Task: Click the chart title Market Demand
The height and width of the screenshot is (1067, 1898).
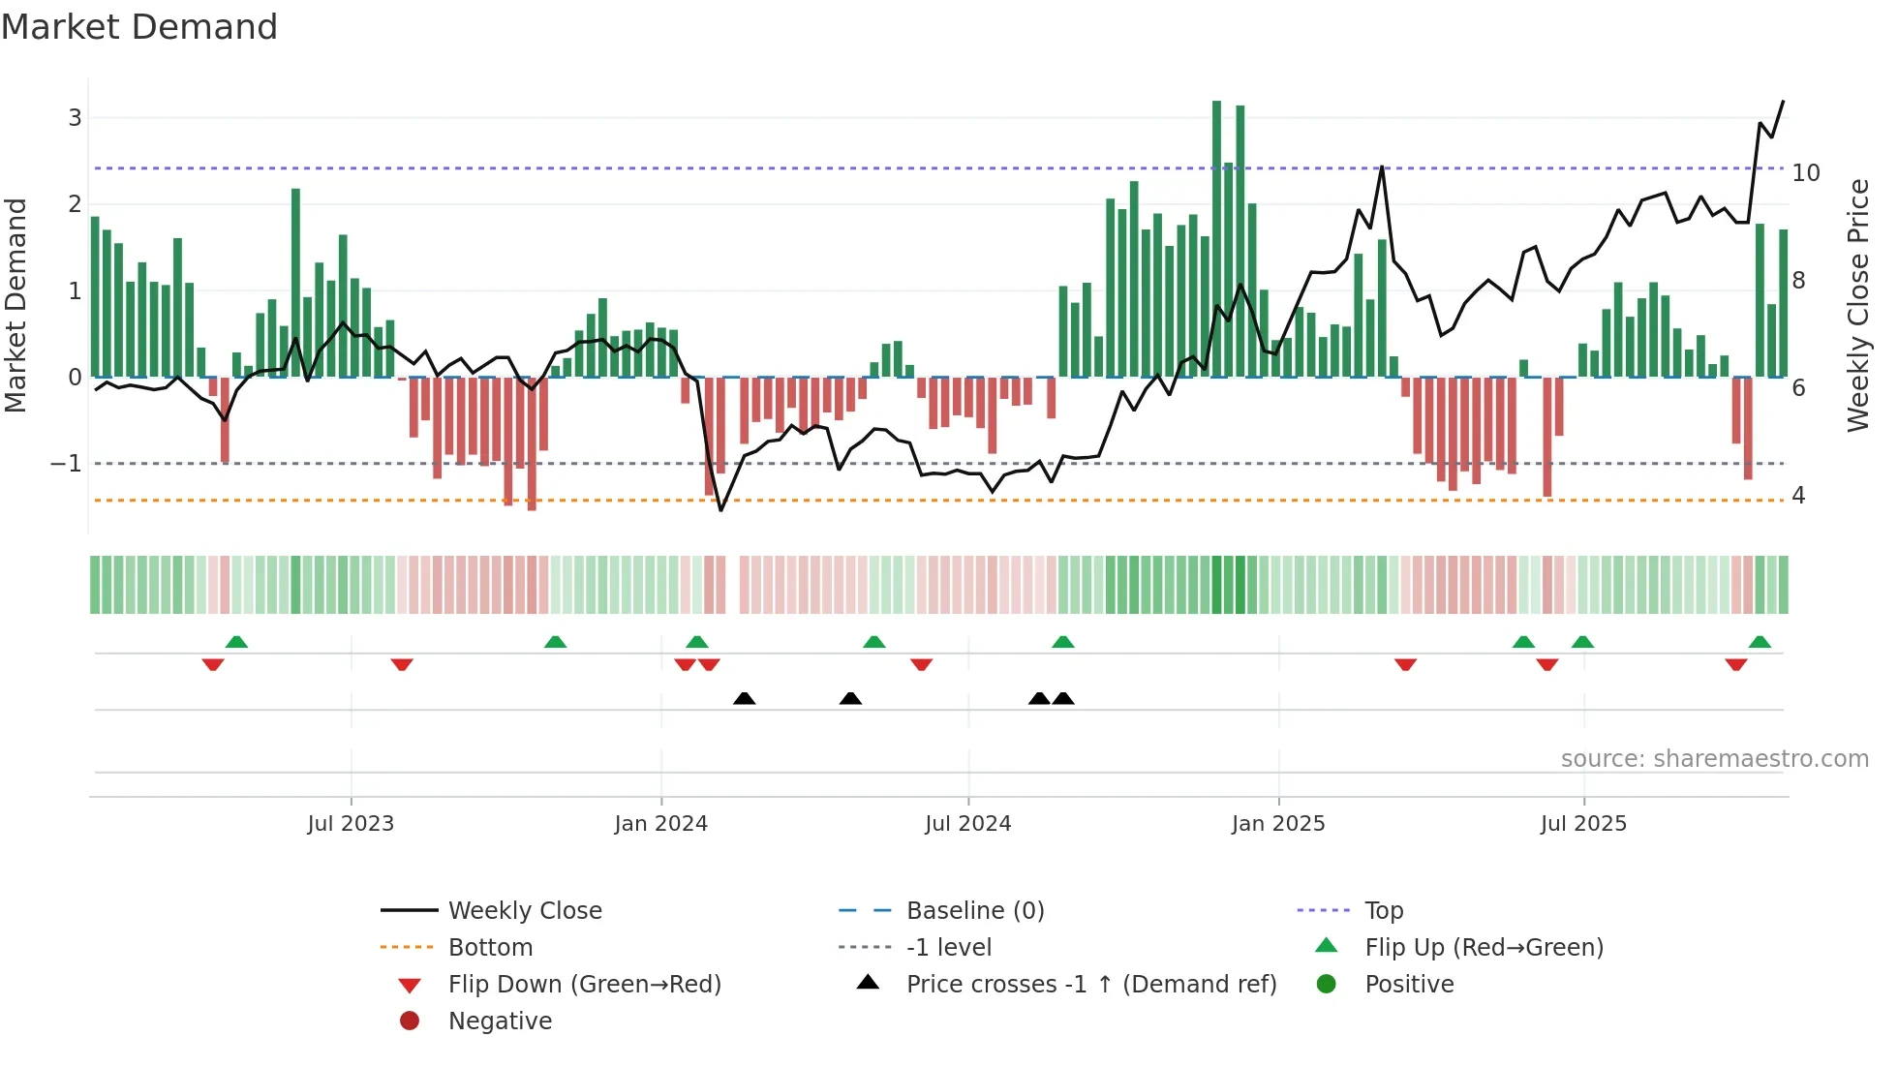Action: point(139,27)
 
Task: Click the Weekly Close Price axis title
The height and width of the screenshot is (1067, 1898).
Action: point(1857,305)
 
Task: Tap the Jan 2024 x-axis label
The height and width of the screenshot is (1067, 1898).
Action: point(660,824)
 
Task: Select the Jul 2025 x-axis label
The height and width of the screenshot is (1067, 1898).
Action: point(1583,824)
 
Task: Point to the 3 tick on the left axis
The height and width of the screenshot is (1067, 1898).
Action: point(75,118)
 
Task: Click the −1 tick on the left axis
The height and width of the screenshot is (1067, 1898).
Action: point(66,464)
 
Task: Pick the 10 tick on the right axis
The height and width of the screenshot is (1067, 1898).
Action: point(1806,173)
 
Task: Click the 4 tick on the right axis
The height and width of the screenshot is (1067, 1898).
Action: point(1798,496)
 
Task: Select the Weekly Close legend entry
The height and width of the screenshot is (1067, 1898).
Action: point(524,911)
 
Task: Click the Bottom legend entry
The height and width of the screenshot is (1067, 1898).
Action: point(490,948)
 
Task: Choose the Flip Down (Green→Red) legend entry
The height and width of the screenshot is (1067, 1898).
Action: point(584,985)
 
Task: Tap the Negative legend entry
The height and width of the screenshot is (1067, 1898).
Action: point(500,1021)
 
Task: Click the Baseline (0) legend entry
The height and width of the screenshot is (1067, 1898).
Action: point(974,911)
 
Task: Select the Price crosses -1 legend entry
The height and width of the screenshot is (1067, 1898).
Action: point(1090,985)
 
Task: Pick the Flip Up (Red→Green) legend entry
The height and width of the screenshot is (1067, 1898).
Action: point(1484,948)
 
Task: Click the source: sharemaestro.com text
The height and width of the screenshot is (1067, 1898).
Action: point(1714,759)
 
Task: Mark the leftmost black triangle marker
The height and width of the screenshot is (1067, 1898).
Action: point(744,698)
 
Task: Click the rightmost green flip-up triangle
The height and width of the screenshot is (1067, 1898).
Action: point(1760,642)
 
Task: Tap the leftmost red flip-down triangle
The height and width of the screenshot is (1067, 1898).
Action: point(213,664)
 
